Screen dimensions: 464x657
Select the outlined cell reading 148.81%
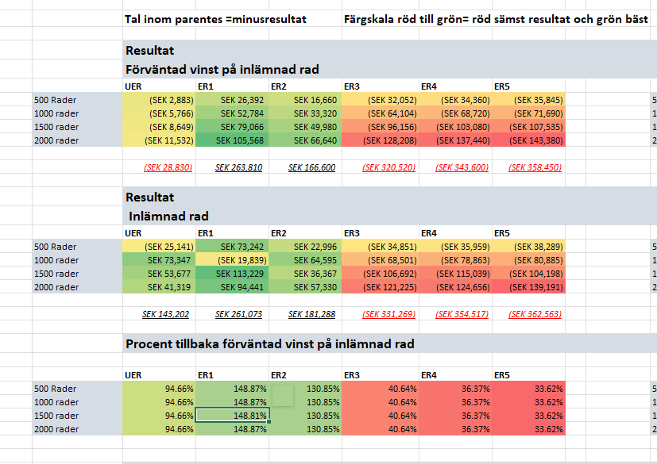click(x=233, y=416)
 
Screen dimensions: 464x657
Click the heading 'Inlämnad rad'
click(x=168, y=216)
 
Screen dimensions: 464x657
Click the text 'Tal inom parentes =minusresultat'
click(x=215, y=19)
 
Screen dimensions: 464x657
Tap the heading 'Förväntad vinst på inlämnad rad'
click(x=222, y=70)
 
